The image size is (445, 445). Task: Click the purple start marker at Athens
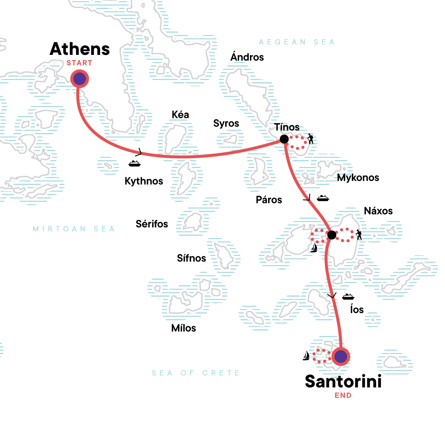tap(79, 79)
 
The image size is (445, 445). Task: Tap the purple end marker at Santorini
tap(340, 356)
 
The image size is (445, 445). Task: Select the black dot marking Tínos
tap(284, 139)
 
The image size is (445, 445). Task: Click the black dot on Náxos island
tap(332, 235)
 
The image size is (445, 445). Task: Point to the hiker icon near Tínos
tap(310, 139)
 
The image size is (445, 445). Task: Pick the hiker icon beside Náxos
tap(359, 235)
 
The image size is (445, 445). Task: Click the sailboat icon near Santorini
tap(306, 356)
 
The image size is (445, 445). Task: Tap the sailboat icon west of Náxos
tap(314, 248)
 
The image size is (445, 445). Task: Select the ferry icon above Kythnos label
tap(134, 163)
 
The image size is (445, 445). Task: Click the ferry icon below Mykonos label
tap(323, 198)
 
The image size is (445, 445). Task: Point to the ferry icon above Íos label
tap(348, 296)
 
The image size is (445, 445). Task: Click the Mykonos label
tap(358, 178)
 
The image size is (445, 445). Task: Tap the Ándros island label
tap(247, 57)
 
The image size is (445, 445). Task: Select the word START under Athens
tap(79, 63)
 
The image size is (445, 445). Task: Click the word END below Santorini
tap(343, 396)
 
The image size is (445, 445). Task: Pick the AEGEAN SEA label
tap(297, 42)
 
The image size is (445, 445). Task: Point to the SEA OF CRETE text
tap(196, 373)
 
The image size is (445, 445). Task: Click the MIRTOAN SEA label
tap(74, 229)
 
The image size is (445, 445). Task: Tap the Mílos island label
tap(184, 328)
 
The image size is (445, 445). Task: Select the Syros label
tap(226, 123)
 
